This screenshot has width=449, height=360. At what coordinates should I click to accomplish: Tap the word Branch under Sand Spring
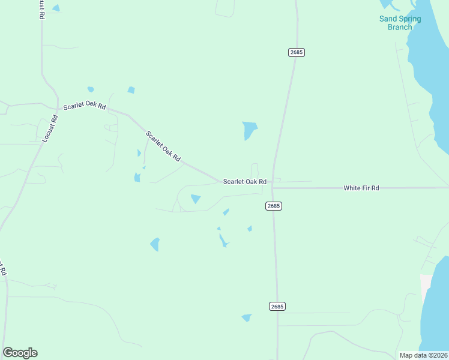[400, 27]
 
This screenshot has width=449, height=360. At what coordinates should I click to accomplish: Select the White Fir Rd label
[361, 188]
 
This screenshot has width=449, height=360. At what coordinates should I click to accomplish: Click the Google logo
[20, 353]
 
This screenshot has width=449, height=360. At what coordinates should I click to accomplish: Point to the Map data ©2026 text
[424, 355]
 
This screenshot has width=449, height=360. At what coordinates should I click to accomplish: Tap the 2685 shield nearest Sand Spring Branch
[297, 52]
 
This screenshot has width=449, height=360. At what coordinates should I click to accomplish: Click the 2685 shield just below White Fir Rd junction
[274, 206]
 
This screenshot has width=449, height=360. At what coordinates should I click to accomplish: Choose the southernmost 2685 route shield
[277, 306]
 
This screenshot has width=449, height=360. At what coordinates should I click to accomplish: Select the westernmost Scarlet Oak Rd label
[85, 107]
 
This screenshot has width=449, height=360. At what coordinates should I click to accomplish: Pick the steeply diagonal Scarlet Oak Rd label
[163, 146]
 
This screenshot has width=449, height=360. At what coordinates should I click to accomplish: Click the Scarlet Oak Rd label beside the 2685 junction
[244, 181]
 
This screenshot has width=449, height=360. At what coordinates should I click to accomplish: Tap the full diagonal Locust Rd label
[50, 128]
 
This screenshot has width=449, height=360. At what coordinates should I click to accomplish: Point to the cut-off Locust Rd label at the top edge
[41, 9]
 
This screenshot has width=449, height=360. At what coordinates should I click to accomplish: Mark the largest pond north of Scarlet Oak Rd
[249, 130]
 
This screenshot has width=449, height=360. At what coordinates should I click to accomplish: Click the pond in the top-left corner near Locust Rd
[56, 8]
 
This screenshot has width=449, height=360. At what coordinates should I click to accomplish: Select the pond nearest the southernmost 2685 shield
[247, 317]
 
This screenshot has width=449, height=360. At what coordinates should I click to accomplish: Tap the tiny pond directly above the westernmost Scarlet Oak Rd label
[91, 89]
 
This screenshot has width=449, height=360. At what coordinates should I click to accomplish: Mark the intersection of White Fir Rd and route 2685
[273, 187]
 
